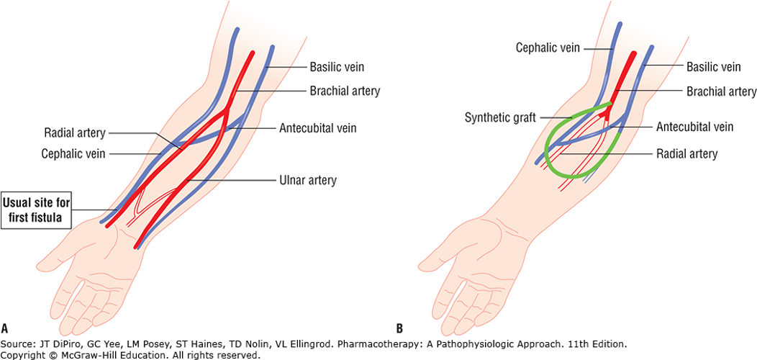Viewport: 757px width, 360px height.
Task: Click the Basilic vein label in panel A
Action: click(x=337, y=67)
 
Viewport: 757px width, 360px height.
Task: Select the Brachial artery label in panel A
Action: click(x=345, y=91)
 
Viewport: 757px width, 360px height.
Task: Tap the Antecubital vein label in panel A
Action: click(x=318, y=129)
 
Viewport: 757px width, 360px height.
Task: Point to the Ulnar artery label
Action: click(x=309, y=179)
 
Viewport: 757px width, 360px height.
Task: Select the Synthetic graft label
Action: click(x=500, y=117)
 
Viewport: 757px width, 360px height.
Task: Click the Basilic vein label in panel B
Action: click(x=713, y=67)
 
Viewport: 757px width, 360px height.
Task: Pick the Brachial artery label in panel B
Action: click(x=720, y=91)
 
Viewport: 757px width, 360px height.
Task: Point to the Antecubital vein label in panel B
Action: click(x=694, y=127)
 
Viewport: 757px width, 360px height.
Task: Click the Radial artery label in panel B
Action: click(x=686, y=153)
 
